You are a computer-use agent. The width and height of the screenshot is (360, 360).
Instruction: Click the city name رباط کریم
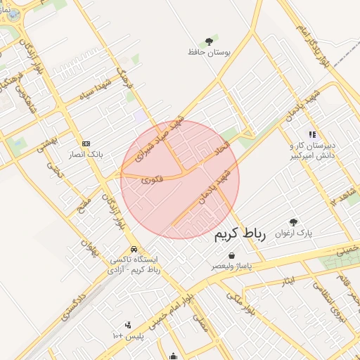point(240,234)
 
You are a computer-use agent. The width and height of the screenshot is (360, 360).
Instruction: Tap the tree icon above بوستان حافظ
point(209,41)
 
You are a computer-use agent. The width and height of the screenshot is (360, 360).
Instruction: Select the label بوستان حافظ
point(205,52)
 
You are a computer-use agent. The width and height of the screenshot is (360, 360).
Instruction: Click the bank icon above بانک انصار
point(86,143)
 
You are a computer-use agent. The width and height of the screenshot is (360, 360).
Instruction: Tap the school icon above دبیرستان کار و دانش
point(312,134)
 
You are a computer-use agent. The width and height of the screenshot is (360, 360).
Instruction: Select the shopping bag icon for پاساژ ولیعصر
point(232,257)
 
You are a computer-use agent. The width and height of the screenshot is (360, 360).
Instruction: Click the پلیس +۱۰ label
point(127,336)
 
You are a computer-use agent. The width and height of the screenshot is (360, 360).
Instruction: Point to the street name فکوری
point(151,179)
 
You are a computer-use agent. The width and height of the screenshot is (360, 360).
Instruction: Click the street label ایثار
point(287,282)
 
